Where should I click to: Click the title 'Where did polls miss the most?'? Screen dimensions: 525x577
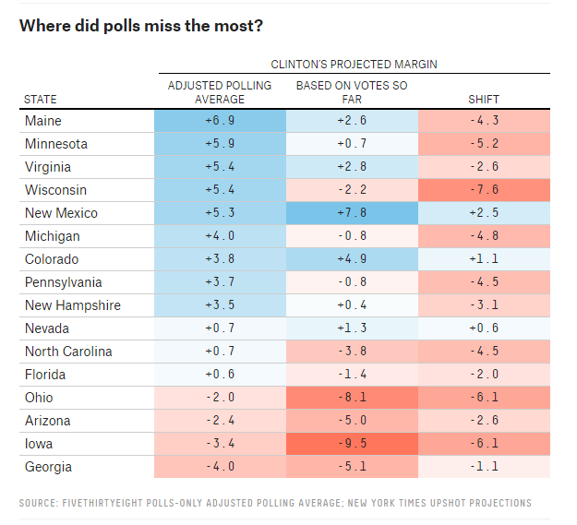pyautogui.click(x=140, y=26)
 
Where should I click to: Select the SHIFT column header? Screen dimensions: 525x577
pyautogui.click(x=484, y=100)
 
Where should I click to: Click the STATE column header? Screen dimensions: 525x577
pyautogui.click(x=40, y=100)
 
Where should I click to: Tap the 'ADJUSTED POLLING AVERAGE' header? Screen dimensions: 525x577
pyautogui.click(x=220, y=92)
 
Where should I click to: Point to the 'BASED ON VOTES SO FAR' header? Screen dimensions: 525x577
pyautogui.click(x=352, y=92)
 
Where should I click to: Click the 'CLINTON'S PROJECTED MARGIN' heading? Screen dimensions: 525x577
pyautogui.click(x=354, y=65)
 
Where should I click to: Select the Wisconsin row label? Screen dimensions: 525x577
pyautogui.click(x=56, y=190)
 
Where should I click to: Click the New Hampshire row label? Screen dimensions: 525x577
pyautogui.click(x=72, y=305)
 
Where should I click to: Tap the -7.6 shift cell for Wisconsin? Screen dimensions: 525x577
pyautogui.click(x=484, y=190)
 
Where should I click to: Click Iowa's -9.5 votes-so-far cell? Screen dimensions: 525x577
pyautogui.click(x=352, y=444)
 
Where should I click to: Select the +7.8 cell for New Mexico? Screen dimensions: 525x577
pyautogui.click(x=352, y=213)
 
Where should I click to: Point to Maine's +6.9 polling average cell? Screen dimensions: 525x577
pyautogui.click(x=220, y=121)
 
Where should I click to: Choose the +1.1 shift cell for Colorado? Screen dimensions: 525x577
pyautogui.click(x=484, y=259)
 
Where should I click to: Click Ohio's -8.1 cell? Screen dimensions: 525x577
pyautogui.click(x=352, y=398)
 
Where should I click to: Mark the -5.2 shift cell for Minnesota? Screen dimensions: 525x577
pyautogui.click(x=484, y=144)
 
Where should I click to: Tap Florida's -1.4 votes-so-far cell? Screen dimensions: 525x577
pyautogui.click(x=352, y=375)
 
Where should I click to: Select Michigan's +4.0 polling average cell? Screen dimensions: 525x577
pyautogui.click(x=220, y=236)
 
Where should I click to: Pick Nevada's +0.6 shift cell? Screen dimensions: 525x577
pyautogui.click(x=484, y=328)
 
